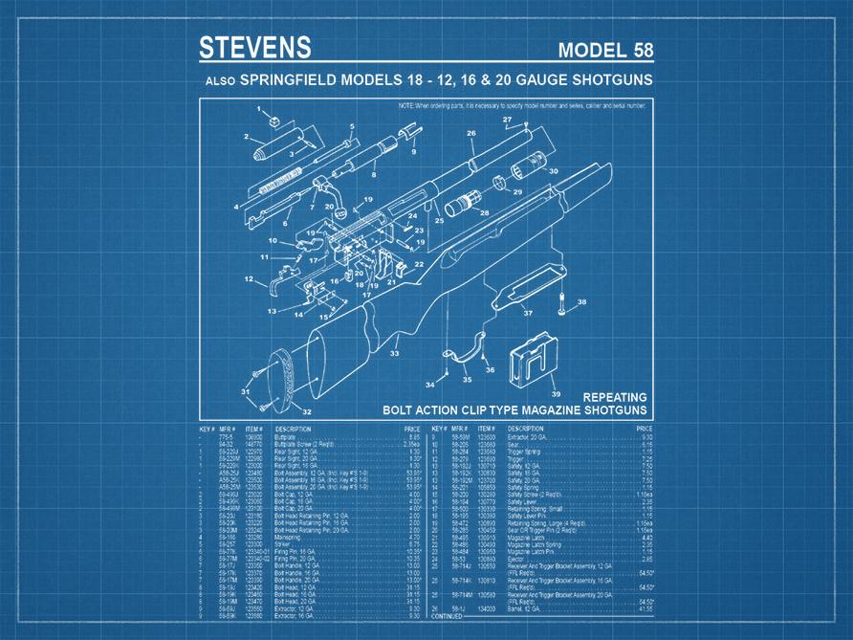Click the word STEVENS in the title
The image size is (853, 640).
tap(253, 48)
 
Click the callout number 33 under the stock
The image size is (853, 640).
tap(394, 353)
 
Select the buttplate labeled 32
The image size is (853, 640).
tap(284, 378)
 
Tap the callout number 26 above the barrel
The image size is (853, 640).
tap(471, 134)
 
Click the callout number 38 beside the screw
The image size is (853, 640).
tap(581, 302)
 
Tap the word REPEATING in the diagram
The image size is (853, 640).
tap(615, 397)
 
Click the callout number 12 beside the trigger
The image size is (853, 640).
tap(249, 279)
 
